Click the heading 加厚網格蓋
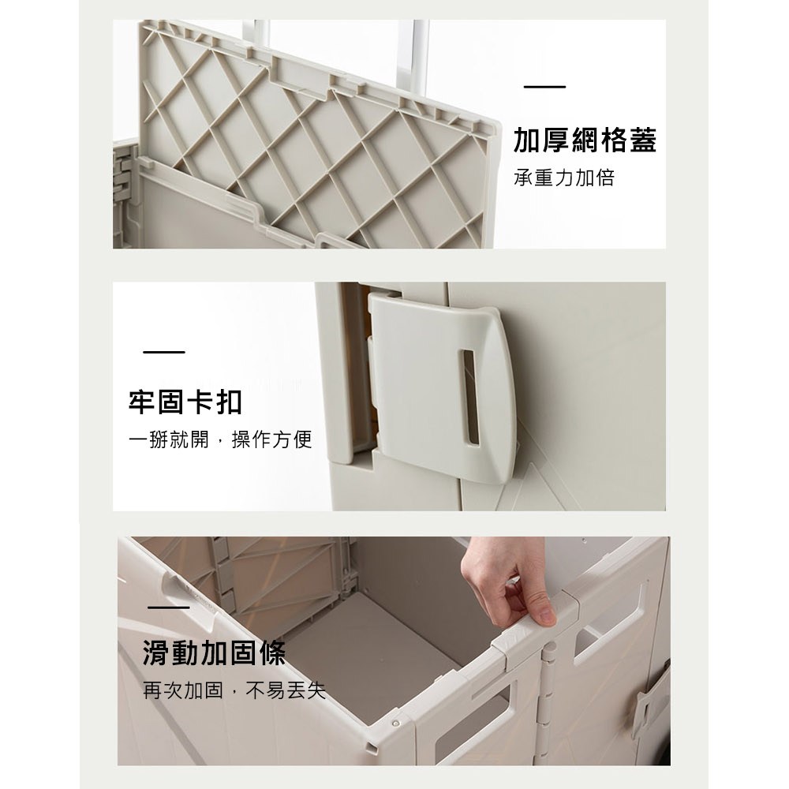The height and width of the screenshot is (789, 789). click(585, 140)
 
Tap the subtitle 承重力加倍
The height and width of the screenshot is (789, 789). click(564, 178)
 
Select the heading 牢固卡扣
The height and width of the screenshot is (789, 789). click(185, 402)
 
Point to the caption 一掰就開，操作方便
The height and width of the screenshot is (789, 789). click(220, 439)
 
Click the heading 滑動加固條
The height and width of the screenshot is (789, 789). click(215, 653)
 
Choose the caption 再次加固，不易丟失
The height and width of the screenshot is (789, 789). click(234, 690)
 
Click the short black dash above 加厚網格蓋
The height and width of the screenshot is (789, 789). click(545, 87)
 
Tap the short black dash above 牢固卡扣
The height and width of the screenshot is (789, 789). click(164, 352)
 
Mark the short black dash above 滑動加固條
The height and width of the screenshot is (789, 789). click(169, 608)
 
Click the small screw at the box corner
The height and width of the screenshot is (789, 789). click(395, 722)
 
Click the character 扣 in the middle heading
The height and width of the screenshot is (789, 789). click(230, 402)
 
